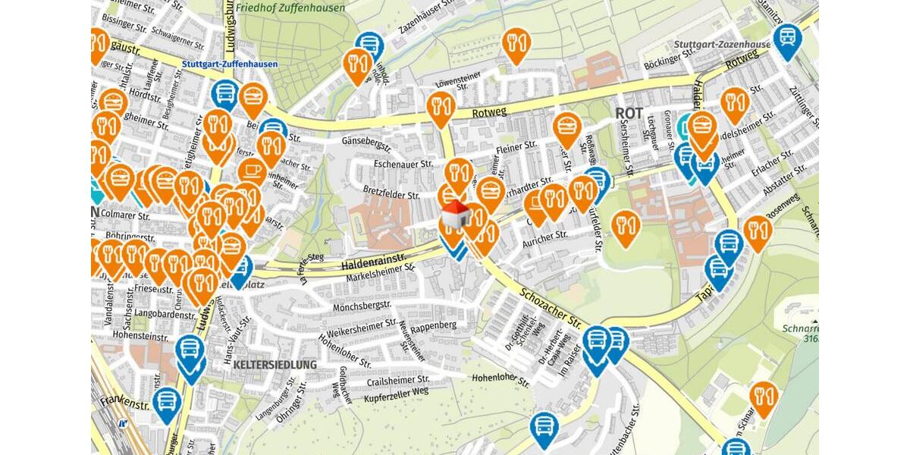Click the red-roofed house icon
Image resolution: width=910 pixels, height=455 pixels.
[x=454, y=215]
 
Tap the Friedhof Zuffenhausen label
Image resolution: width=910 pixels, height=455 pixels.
[x=290, y=8]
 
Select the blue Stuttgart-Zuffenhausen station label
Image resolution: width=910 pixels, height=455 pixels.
[x=230, y=64]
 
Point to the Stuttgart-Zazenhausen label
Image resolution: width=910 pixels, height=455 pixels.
[x=721, y=44]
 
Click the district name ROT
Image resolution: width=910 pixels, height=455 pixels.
[x=629, y=113]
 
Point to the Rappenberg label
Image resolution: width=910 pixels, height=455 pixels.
[x=433, y=325]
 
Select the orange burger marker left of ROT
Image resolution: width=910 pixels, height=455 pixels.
[x=566, y=127]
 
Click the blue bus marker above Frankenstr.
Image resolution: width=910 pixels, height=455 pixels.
[x=189, y=351]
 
